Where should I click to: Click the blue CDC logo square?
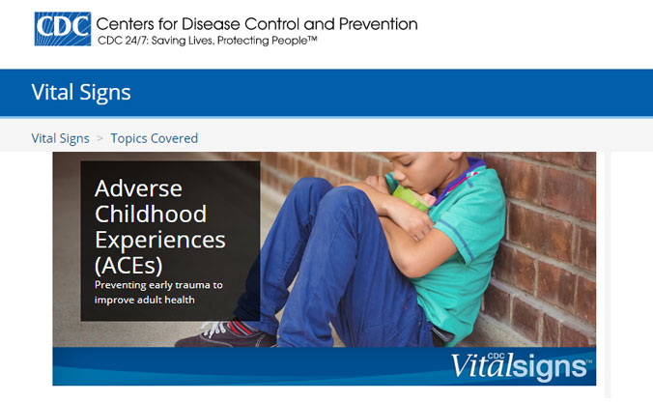click(63, 29)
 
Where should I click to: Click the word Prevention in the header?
click(378, 24)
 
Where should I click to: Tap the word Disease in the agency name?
click(211, 24)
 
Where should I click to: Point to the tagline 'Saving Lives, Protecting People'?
click(234, 41)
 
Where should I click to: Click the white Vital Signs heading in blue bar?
click(81, 92)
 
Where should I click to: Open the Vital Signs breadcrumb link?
click(61, 138)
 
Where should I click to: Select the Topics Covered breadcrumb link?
click(155, 138)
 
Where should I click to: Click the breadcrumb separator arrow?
click(99, 138)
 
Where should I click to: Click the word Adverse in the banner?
click(138, 188)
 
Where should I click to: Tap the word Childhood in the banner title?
click(151, 215)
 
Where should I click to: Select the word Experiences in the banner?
click(160, 241)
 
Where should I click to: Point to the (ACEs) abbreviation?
click(128, 266)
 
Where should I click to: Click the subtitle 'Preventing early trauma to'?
click(158, 285)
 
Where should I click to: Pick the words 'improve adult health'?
click(145, 300)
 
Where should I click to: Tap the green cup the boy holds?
click(410, 196)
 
